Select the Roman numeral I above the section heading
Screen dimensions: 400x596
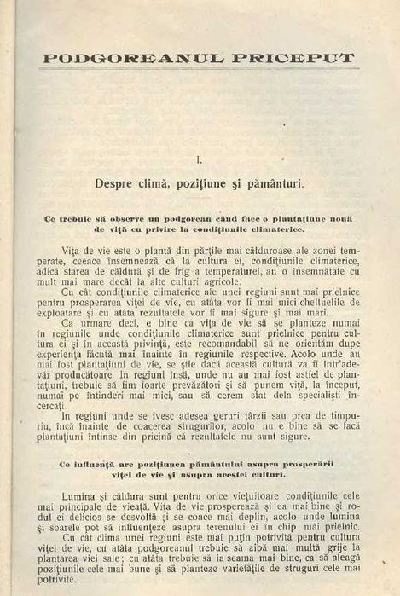(198, 159)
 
